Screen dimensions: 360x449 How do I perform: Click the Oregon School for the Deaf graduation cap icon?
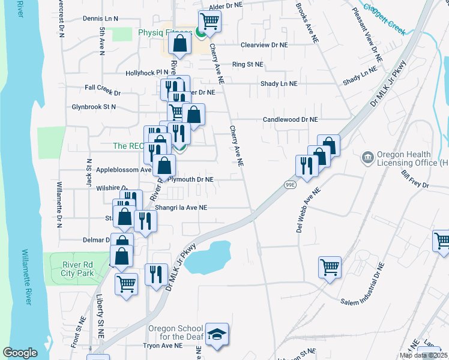tap(217, 335)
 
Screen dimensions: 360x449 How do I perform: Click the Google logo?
tap(20, 353)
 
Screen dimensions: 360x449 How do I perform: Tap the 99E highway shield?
tap(289, 185)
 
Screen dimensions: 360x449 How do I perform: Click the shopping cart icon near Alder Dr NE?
tap(209, 22)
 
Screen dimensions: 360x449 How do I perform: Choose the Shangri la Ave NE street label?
tap(181, 208)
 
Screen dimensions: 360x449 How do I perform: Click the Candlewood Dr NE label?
tap(290, 119)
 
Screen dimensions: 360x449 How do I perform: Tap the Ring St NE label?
tap(247, 64)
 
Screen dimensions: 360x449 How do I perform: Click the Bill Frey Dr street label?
tap(416, 179)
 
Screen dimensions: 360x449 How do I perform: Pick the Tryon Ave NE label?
tap(163, 346)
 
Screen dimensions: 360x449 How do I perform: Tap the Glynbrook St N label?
tap(93, 107)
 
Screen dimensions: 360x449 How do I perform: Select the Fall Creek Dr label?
tap(103, 93)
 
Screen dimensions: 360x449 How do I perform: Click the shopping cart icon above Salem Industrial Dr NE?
tap(330, 267)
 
